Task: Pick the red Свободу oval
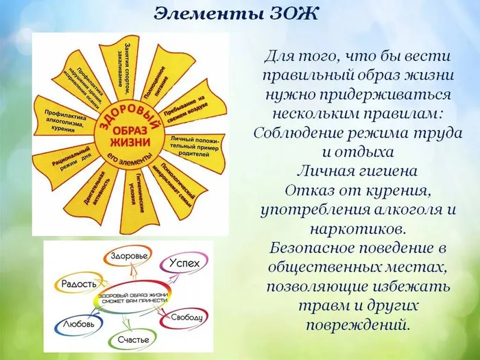[x=184, y=317]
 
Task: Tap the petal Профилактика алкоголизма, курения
[x=67, y=117]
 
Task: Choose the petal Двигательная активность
[x=95, y=191]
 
